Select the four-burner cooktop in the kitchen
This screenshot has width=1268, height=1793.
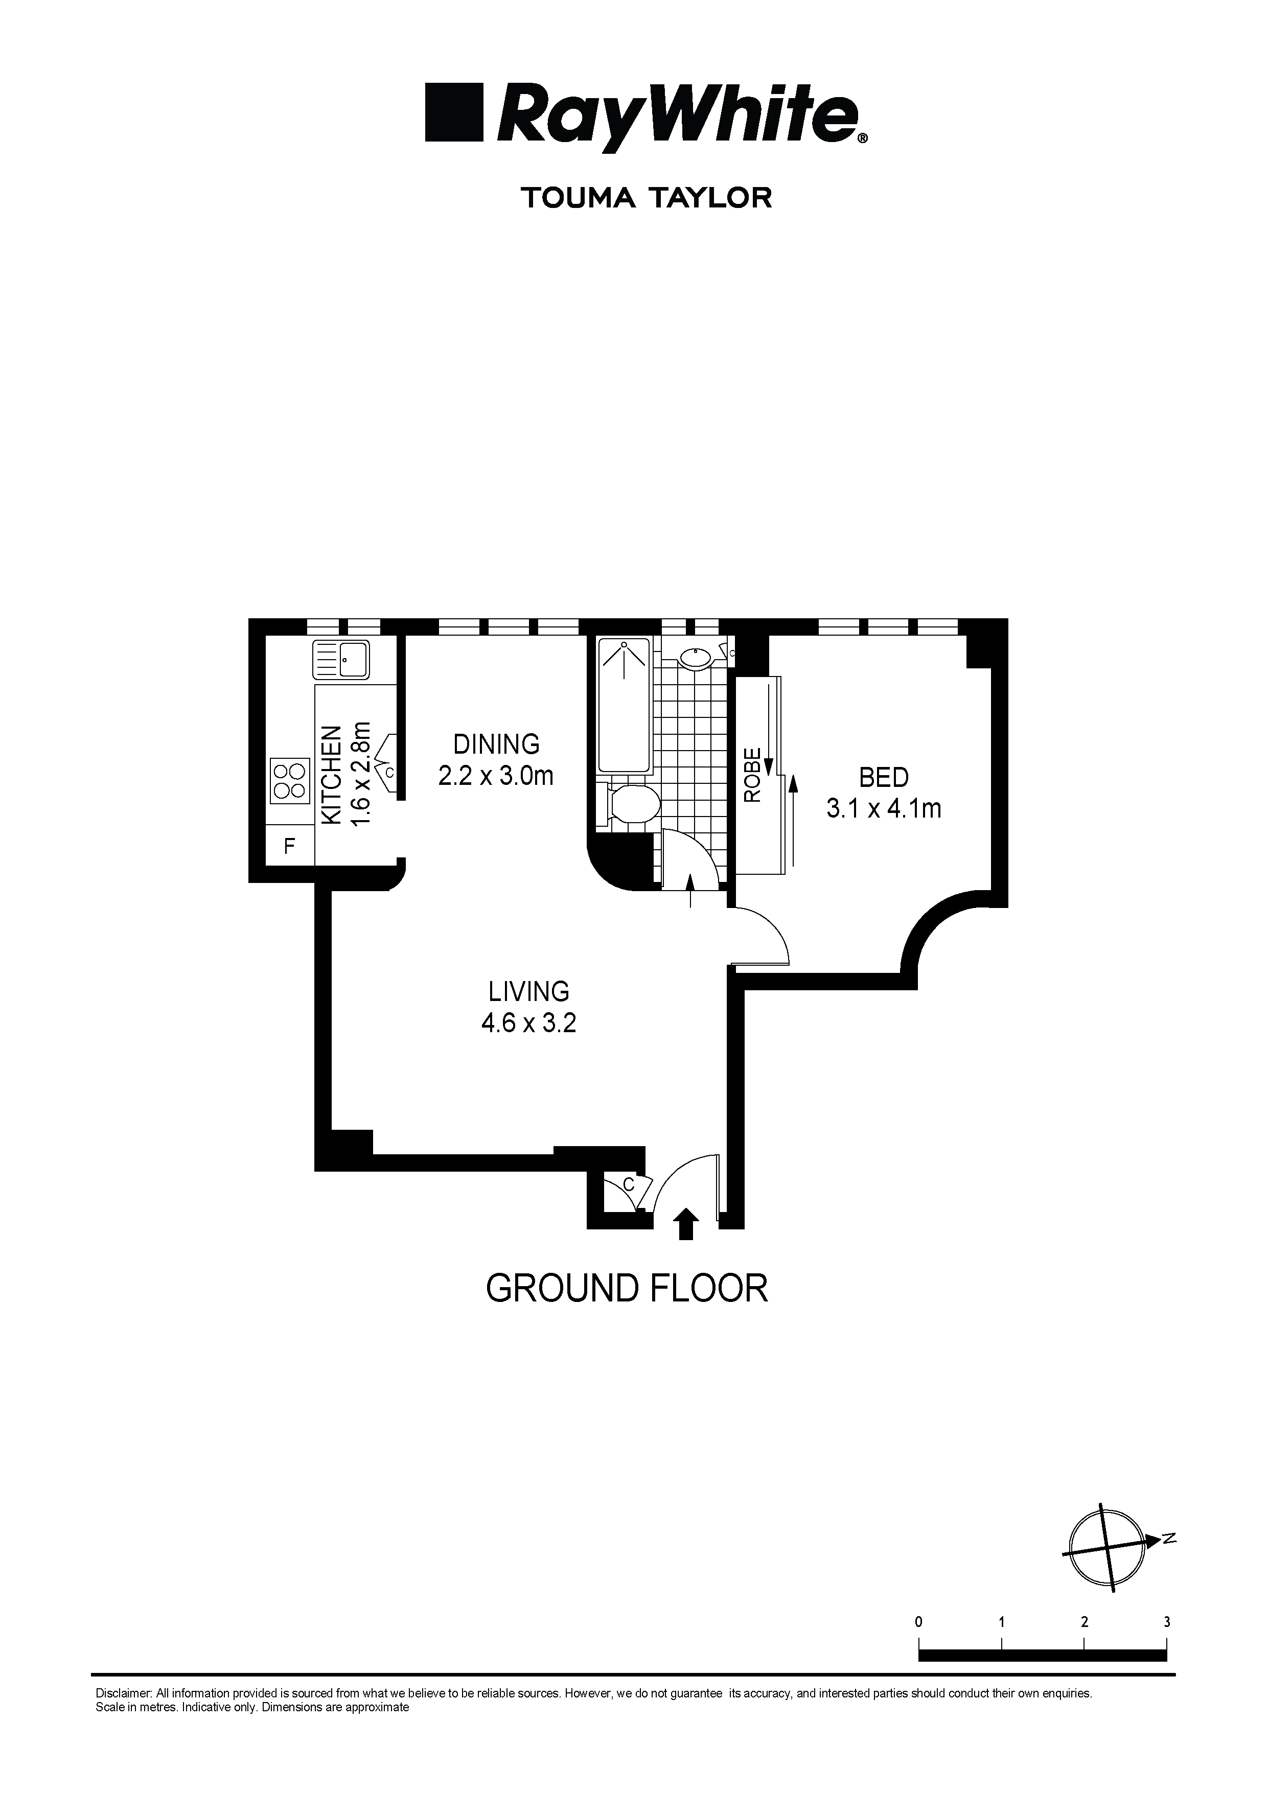point(289,781)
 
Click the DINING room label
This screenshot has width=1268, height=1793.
point(496,743)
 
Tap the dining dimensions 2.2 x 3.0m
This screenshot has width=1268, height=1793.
point(496,776)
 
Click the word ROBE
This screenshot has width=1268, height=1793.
point(752,776)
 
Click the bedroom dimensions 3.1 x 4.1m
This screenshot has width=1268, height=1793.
point(884,808)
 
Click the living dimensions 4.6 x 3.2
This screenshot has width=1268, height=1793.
point(529,1022)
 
